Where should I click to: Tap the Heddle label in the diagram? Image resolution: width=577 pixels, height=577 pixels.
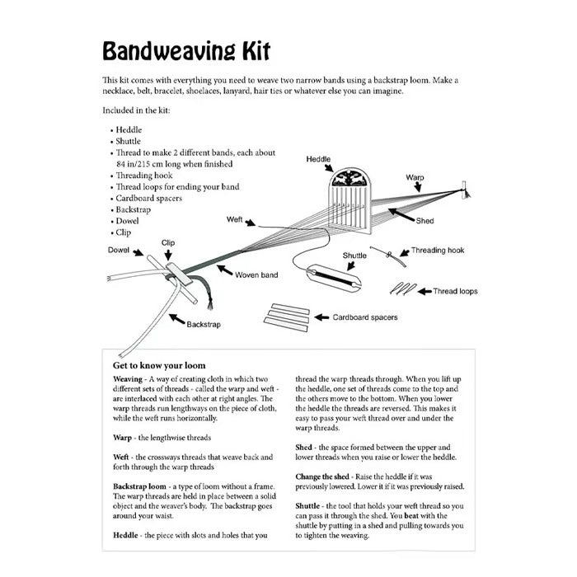(x=319, y=157)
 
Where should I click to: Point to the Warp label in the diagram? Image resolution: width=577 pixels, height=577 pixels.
(x=415, y=177)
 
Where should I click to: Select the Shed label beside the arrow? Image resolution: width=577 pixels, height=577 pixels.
(x=425, y=221)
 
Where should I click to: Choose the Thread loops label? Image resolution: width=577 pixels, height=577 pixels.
(x=457, y=291)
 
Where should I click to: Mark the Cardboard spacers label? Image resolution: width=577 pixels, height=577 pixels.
(x=364, y=316)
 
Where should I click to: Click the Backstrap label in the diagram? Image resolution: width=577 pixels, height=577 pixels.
(x=203, y=324)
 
